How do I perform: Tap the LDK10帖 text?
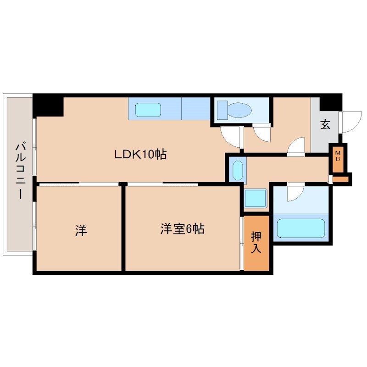pos(140,154)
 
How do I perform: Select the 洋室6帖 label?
pos(182,228)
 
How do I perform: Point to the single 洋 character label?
pos(80,231)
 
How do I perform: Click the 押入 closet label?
pos(256,243)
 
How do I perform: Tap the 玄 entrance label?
pos(325,124)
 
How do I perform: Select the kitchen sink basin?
pos(148,110)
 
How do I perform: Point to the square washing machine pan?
pos(255,199)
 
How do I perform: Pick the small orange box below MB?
pos(341,178)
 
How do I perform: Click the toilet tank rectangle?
pos(222,110)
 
